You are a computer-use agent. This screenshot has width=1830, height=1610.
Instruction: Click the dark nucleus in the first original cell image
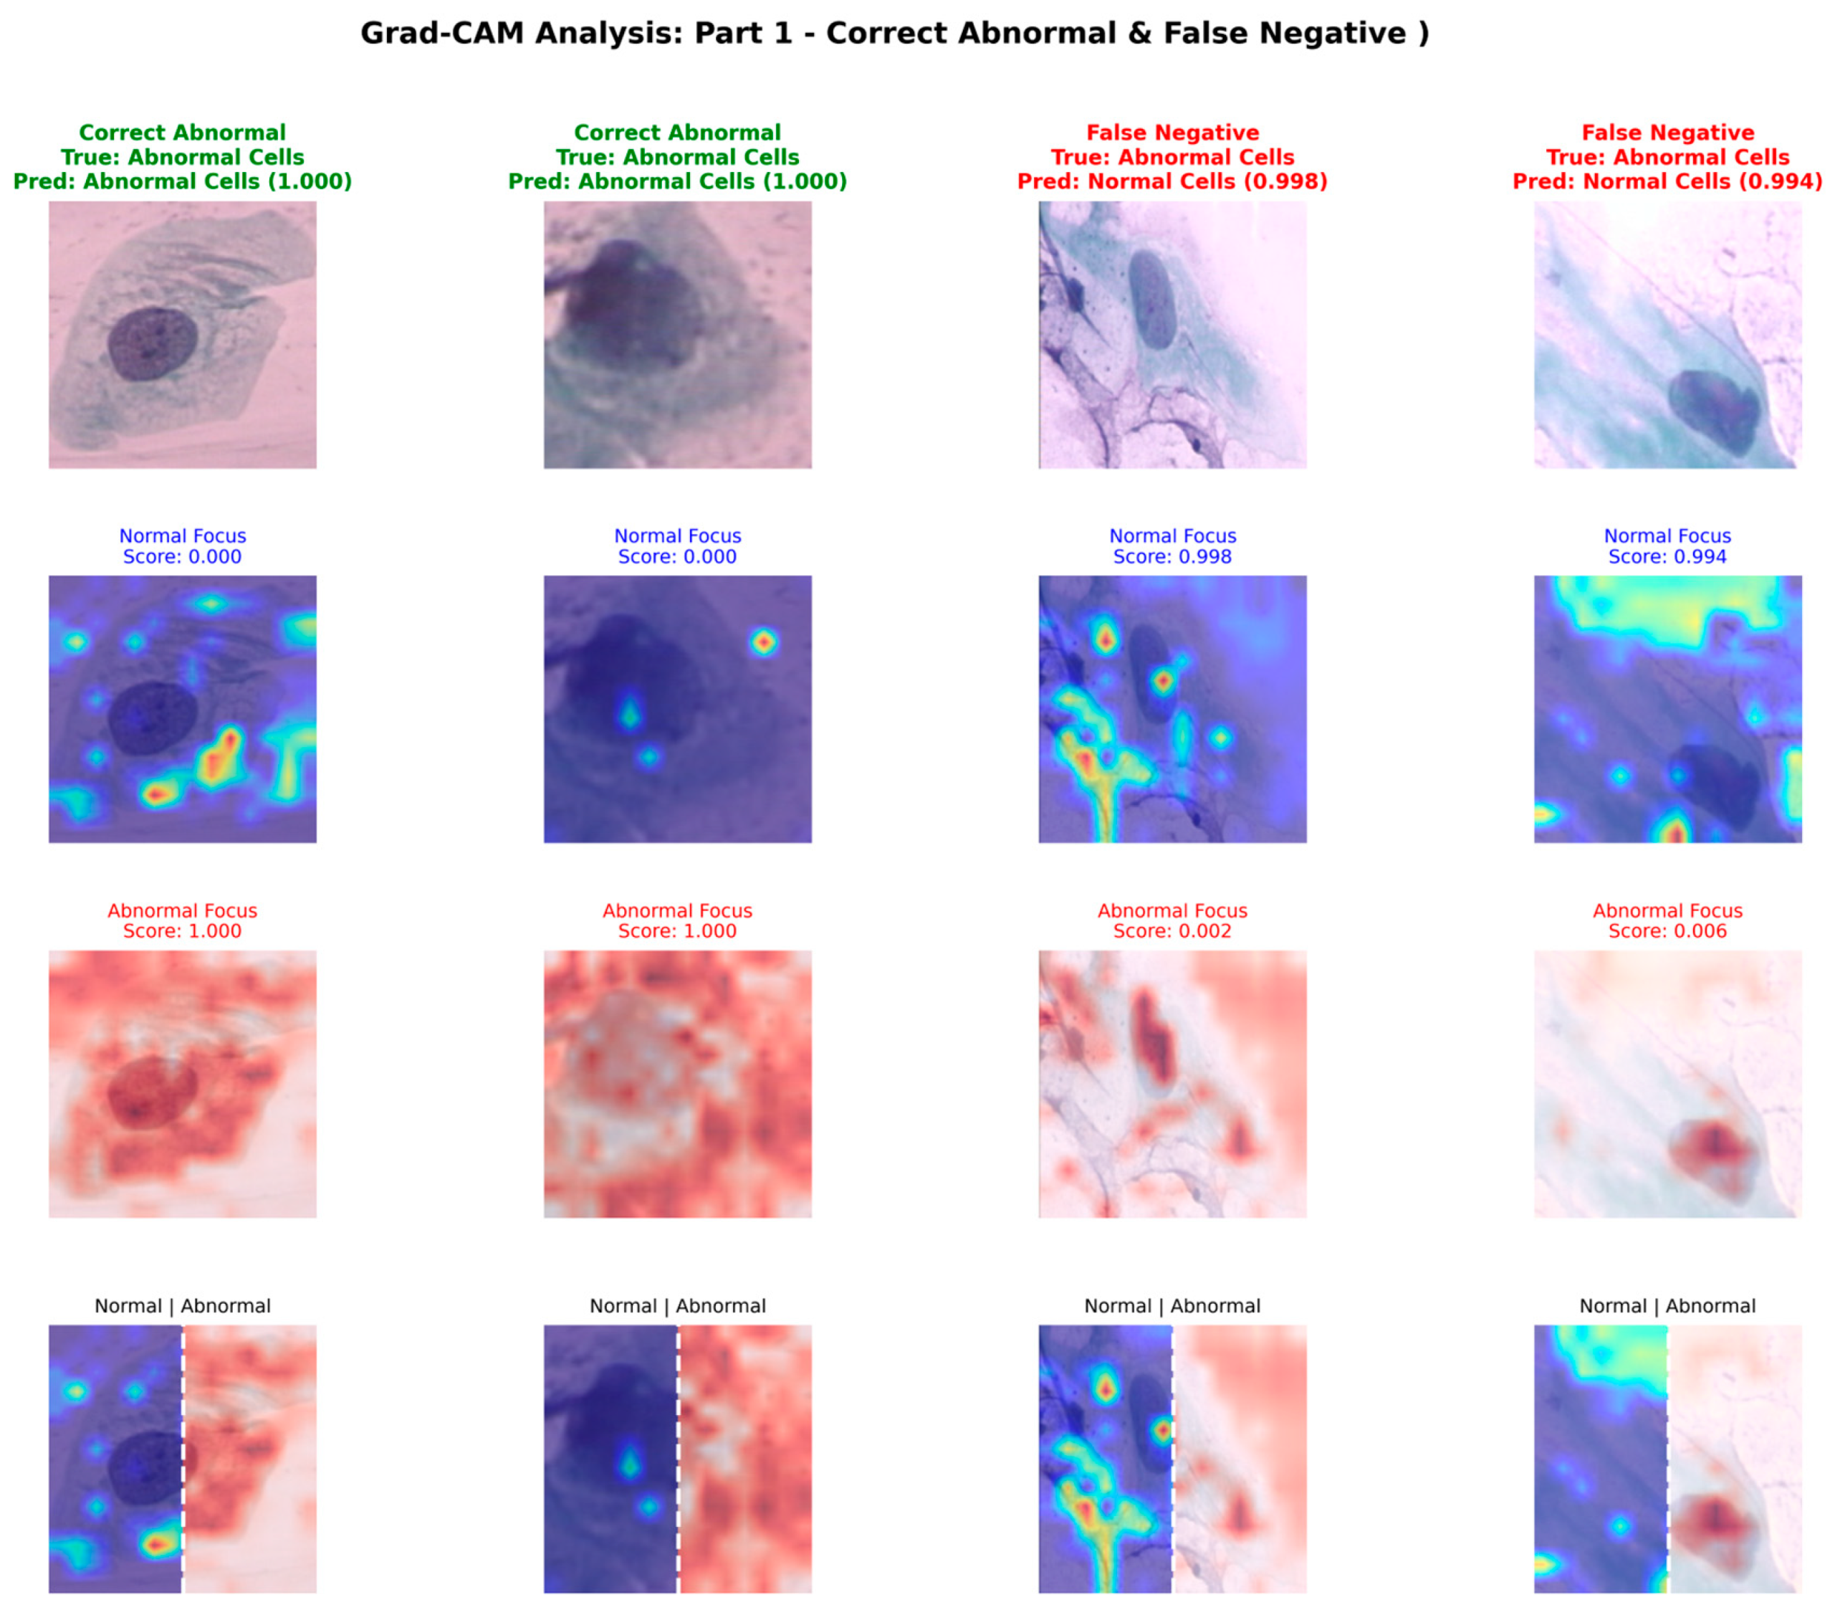[152, 344]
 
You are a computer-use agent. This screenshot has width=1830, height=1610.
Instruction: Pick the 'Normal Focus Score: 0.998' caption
[1172, 546]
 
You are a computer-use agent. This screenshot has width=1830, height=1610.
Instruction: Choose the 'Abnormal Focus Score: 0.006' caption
[1667, 920]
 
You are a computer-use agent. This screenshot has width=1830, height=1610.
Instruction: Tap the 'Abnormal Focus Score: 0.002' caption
[1172, 920]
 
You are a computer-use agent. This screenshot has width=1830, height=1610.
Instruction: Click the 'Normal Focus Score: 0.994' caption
[1667, 546]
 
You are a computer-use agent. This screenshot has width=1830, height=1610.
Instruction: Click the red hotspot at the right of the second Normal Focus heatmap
[763, 642]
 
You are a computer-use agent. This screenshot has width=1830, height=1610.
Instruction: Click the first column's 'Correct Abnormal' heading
[183, 133]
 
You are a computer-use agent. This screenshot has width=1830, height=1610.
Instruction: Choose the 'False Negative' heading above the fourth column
[1667, 133]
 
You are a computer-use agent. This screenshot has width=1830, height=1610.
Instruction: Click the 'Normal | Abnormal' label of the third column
[1172, 1305]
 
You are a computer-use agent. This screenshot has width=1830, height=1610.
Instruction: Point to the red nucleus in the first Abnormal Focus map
[152, 1092]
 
